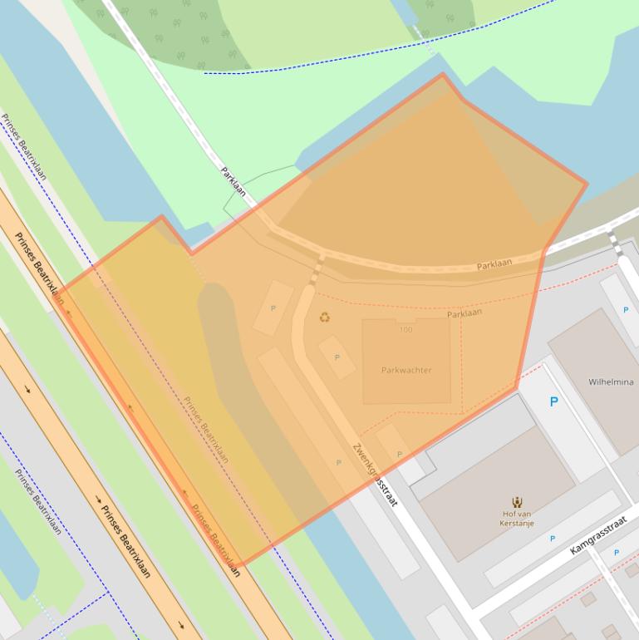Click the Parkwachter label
coord(406,370)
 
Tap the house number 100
coord(406,330)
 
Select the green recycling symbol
coord(324,317)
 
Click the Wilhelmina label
coord(611,382)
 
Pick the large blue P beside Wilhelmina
coord(553,402)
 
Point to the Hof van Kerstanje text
coord(518,518)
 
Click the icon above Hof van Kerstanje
coord(518,501)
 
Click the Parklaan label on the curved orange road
coord(494,264)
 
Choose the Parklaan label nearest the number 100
coord(465,314)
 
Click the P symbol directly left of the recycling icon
coord(273,308)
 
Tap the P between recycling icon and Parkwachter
coord(337,357)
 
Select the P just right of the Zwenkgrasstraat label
coord(400,454)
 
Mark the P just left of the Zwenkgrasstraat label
coord(338,462)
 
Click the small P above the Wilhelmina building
coord(626,310)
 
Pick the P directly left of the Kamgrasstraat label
coord(553,539)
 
